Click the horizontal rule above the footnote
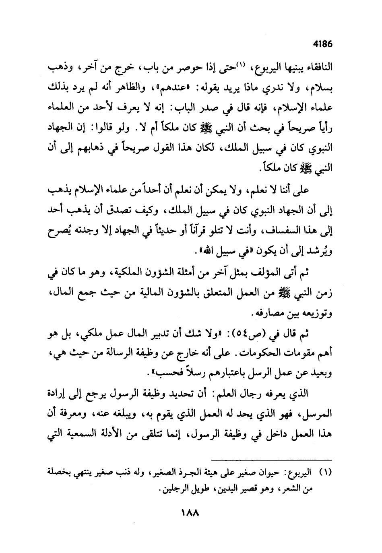click(272, 459)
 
